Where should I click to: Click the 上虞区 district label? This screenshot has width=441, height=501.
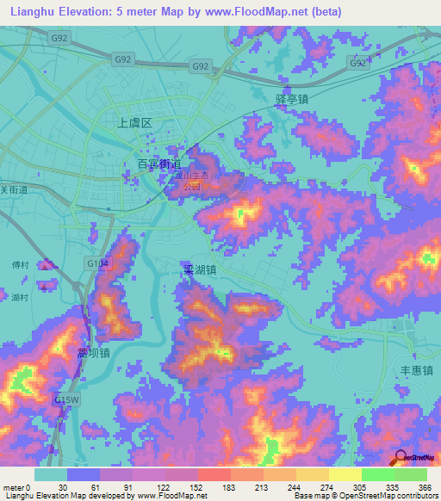pos(134,123)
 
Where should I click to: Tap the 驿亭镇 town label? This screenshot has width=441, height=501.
pos(292,99)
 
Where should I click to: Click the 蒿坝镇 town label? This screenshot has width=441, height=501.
pos(93,353)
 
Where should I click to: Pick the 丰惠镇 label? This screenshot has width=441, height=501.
pos(416,370)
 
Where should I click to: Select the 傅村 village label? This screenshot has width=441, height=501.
pos(20,265)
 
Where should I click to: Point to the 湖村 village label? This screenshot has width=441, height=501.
pos(20,297)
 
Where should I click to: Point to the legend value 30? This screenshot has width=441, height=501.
pos(61,486)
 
